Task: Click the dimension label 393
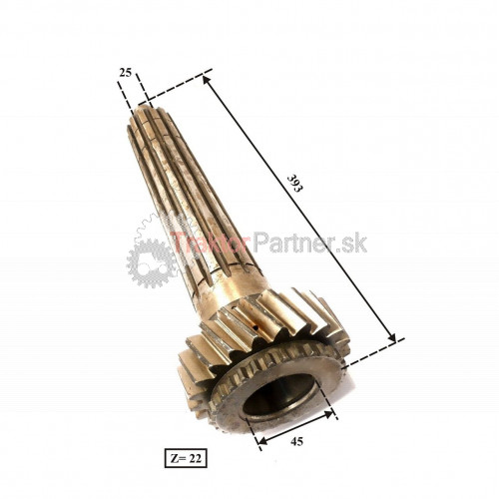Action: point(294,183)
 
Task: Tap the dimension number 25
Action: point(126,72)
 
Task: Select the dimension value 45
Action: point(296,441)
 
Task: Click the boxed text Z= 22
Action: point(186,458)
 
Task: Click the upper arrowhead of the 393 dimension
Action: point(207,81)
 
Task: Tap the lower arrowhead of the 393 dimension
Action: point(391,336)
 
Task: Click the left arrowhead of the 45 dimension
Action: point(262,440)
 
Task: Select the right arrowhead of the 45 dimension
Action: point(328,414)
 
